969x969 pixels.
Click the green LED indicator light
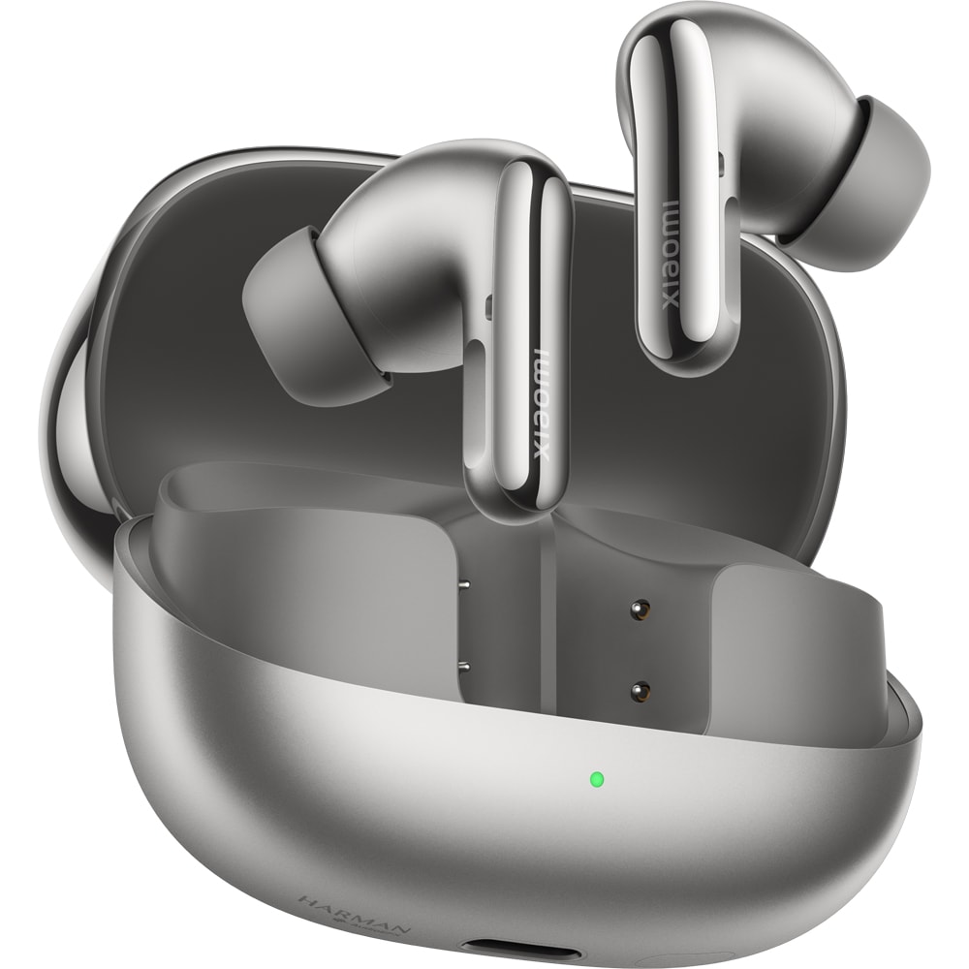(597, 778)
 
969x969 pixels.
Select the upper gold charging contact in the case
(639, 610)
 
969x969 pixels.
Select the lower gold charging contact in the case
(639, 691)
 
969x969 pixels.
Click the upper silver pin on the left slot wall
(463, 585)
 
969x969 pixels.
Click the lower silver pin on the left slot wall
(463, 666)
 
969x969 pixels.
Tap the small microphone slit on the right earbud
(722, 165)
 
